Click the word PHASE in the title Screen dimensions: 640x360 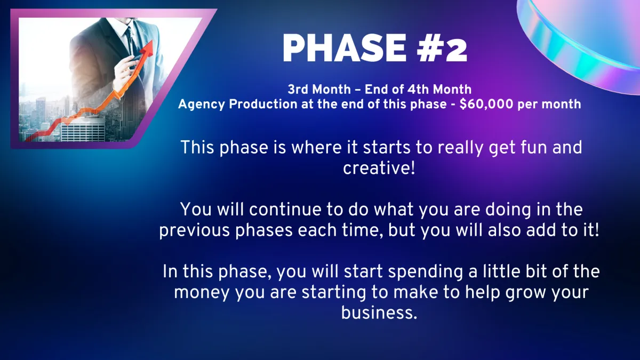point(345,47)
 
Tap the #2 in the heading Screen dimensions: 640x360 point(442,47)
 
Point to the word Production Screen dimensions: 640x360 point(263,104)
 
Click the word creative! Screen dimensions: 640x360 point(379,168)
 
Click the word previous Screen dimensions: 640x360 point(194,230)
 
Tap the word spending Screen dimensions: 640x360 point(426,271)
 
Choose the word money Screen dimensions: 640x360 point(202,293)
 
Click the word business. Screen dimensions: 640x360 point(379,313)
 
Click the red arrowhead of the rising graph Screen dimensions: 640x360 point(147,49)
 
